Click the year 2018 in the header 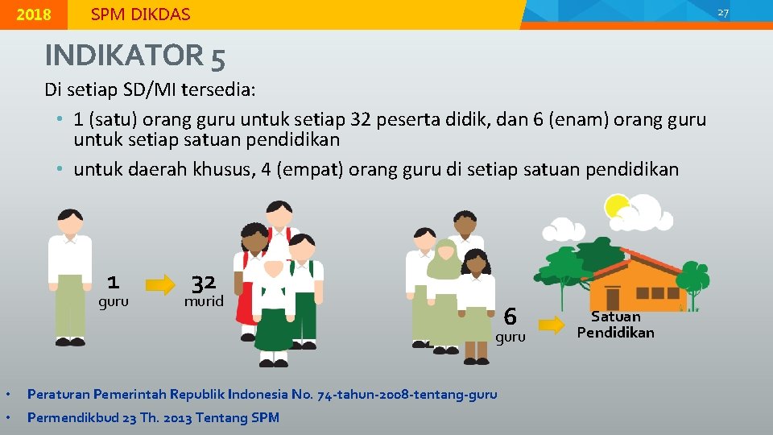point(33,14)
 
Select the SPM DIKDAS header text point(140,14)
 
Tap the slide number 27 point(722,13)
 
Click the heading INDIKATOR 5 point(134,56)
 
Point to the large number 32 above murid point(203,283)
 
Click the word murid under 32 point(203,302)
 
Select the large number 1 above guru point(113,282)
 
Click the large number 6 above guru point(510,317)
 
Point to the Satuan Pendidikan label point(616,325)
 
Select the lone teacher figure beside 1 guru point(69,274)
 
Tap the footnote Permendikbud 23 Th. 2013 point(153,417)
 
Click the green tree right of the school point(692,278)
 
